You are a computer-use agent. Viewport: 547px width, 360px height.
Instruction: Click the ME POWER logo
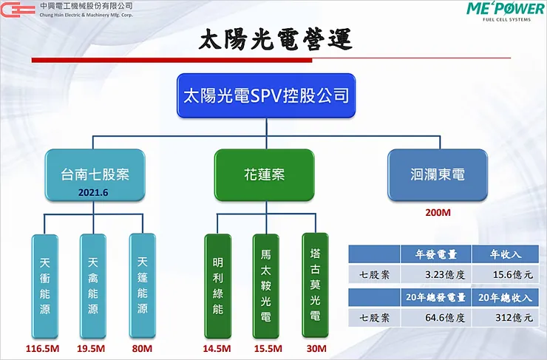tap(505, 12)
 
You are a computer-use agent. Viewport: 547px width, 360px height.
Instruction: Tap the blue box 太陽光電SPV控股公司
tap(265, 95)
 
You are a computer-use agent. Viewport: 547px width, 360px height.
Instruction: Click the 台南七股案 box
tap(95, 174)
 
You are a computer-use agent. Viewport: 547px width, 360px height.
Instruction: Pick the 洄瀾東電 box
tap(438, 174)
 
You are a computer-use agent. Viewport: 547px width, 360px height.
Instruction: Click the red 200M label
tap(438, 212)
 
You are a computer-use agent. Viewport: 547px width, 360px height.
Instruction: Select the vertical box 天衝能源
tap(45, 285)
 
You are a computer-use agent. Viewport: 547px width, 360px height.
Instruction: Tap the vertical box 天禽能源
tap(92, 285)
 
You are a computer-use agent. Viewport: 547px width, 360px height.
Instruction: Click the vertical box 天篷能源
tap(142, 285)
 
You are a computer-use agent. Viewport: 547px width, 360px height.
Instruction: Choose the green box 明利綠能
tap(217, 285)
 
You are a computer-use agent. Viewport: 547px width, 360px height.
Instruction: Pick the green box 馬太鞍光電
tap(266, 285)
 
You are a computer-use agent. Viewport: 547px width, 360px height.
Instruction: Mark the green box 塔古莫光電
tap(315, 285)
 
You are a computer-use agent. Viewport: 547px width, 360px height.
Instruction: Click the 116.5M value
tap(44, 348)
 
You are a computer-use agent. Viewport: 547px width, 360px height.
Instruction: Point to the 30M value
tap(315, 348)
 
